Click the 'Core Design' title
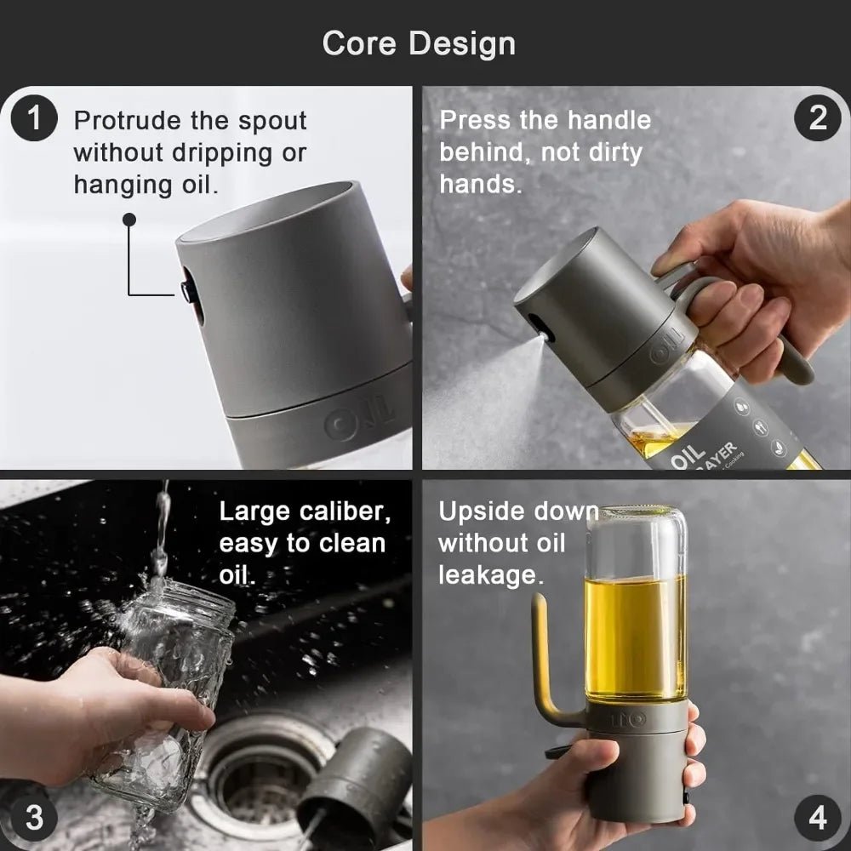coord(419,43)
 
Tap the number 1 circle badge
coord(34,117)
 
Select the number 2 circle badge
coord(817,117)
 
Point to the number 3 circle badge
coord(34,818)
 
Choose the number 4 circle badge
coord(817,818)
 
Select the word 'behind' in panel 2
coord(486,152)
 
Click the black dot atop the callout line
coord(129,220)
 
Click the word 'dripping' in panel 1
coord(222,153)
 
